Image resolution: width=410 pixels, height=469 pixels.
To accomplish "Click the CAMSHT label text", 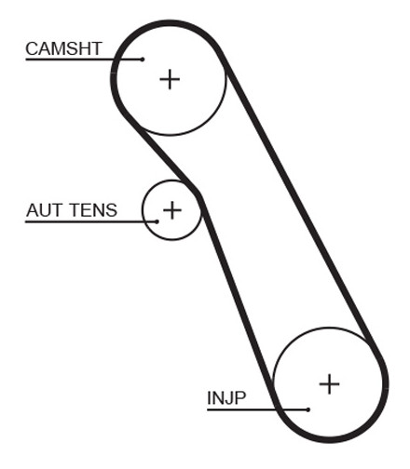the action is [63, 48].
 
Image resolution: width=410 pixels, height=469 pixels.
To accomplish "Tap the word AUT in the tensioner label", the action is [45, 210].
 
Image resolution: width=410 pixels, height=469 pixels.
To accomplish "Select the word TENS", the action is [93, 210].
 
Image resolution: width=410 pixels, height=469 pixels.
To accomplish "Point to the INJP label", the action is [226, 397].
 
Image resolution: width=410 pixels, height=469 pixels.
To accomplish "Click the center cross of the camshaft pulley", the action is [170, 79].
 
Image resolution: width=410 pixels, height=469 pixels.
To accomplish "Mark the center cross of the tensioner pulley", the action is [172, 210].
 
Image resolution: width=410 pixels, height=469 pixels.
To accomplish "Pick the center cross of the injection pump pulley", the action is [329, 384].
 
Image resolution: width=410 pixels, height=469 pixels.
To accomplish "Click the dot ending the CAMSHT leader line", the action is [143, 59].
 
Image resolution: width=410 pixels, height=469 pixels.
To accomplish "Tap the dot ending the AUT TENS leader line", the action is [157, 221].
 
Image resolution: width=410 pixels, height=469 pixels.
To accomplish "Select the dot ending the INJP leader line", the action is [307, 409].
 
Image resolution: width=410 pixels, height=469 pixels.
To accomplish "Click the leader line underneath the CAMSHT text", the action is [84, 59].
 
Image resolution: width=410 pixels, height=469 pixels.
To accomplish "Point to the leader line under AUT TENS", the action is [91, 221].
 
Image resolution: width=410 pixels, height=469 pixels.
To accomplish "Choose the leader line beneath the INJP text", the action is [257, 409].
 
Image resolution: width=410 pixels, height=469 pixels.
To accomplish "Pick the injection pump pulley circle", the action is [329, 328].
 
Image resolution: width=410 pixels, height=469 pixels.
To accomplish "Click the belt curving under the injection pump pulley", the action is [329, 439].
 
